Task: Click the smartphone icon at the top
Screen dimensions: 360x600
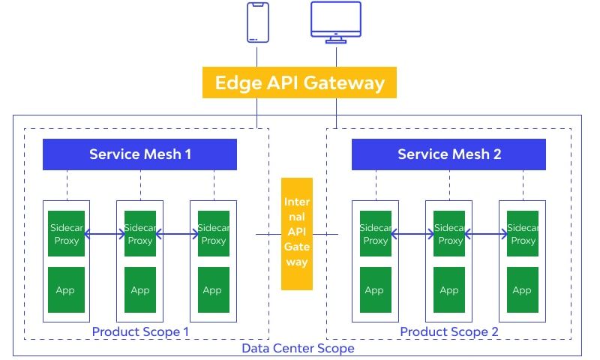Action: pyautogui.click(x=257, y=22)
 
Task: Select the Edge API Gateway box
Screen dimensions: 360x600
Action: pyautogui.click(x=299, y=82)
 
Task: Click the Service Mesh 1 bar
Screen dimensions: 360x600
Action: pyautogui.click(x=140, y=154)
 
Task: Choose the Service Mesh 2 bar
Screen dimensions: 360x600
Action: pyautogui.click(x=448, y=154)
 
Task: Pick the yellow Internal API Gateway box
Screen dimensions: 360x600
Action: pyautogui.click(x=296, y=233)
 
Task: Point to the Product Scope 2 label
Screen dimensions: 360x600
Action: pyautogui.click(x=448, y=331)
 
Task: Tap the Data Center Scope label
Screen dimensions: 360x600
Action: pyautogui.click(x=298, y=348)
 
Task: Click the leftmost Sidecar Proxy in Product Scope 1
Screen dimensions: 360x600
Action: pyautogui.click(x=66, y=234)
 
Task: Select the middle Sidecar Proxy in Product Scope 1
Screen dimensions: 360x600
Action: pyautogui.click(x=140, y=234)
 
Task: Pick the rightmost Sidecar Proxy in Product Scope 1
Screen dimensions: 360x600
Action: pyautogui.click(x=213, y=234)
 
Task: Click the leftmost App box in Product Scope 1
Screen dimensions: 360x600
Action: pyautogui.click(x=66, y=289)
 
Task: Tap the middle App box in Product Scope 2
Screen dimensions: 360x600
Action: pyautogui.click(x=449, y=289)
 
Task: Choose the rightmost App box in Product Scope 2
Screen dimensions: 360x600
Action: pyautogui.click(x=523, y=289)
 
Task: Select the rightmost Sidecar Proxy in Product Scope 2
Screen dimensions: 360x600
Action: pyautogui.click(x=523, y=234)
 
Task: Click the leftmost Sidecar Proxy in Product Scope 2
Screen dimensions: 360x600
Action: pyautogui.click(x=375, y=234)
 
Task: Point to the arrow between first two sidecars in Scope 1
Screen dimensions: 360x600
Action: pyautogui.click(x=104, y=235)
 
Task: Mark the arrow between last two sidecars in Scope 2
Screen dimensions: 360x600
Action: pyautogui.click(x=487, y=235)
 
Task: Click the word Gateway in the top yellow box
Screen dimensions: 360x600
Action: pyautogui.click(x=347, y=82)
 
